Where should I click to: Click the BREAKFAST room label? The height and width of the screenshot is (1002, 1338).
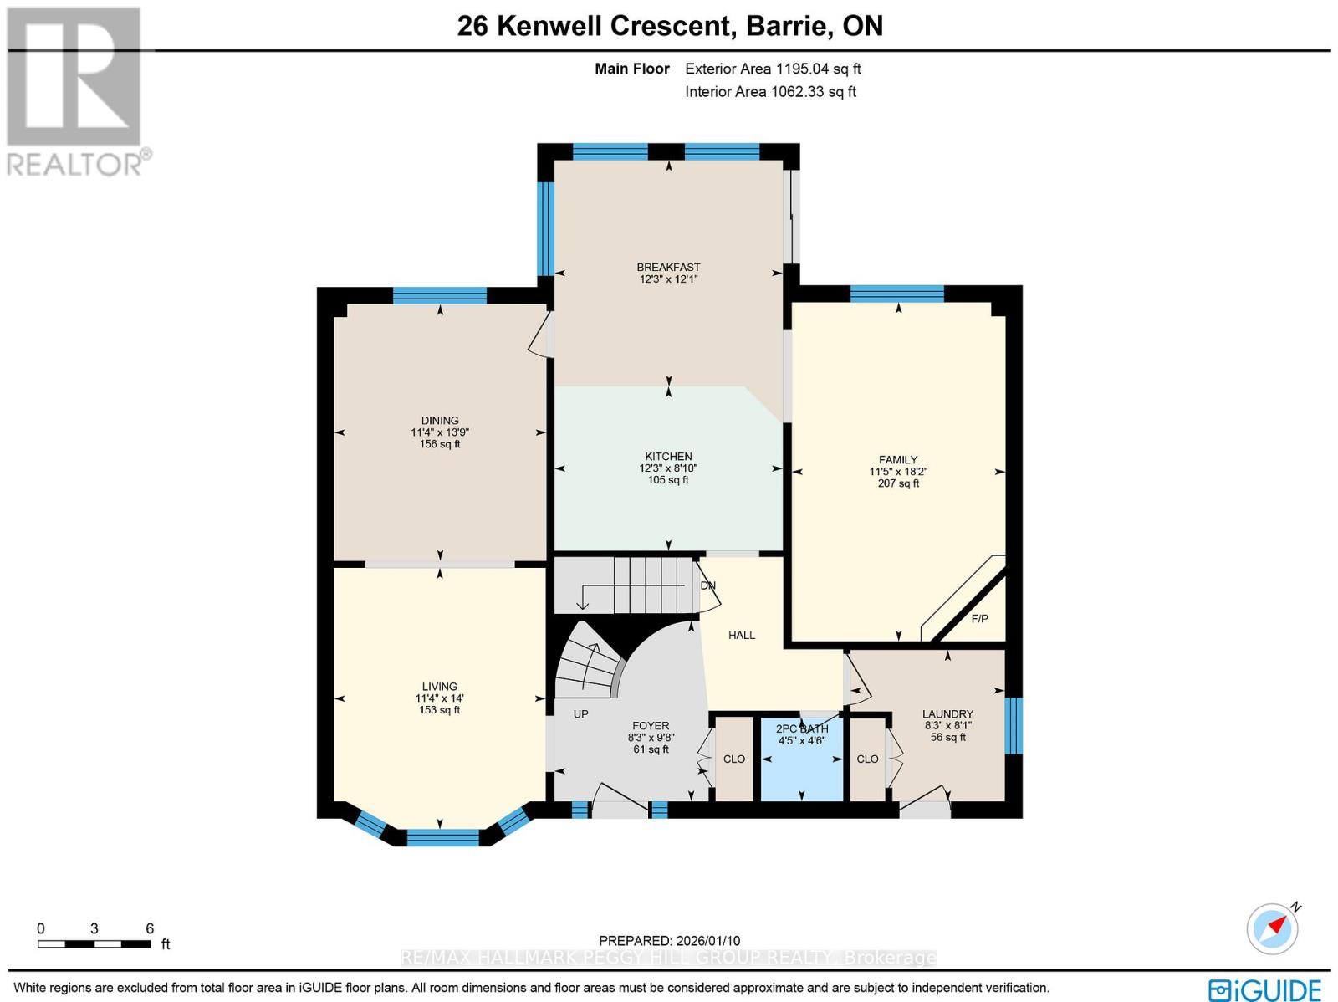click(x=668, y=267)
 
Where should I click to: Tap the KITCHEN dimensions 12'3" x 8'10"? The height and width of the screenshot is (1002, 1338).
click(x=668, y=468)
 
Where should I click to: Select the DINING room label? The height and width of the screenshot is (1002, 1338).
click(x=440, y=421)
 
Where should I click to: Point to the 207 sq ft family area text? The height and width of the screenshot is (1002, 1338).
click(x=898, y=483)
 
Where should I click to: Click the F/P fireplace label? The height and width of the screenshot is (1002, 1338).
click(x=979, y=619)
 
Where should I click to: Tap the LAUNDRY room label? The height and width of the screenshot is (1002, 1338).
click(x=947, y=714)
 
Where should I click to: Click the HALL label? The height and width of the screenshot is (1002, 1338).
click(x=741, y=636)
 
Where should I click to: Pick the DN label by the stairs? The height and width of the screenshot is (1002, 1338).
click(x=708, y=585)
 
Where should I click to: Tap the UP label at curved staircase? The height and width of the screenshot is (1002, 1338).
click(x=580, y=714)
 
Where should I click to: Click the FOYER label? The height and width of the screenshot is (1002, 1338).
click(x=651, y=726)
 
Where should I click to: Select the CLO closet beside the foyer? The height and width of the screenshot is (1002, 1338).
click(x=734, y=759)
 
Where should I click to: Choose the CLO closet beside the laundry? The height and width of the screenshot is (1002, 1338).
click(x=867, y=759)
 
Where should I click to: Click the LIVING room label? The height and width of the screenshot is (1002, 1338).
click(x=439, y=686)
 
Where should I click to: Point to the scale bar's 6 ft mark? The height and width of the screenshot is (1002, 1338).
click(x=150, y=929)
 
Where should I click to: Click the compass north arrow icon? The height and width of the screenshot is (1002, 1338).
click(x=1273, y=928)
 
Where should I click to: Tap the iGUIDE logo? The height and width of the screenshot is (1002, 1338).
click(x=1264, y=990)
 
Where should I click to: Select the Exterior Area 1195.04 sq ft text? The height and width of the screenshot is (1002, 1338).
click(x=773, y=69)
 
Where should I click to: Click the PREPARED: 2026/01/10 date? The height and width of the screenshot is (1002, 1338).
click(x=669, y=941)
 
